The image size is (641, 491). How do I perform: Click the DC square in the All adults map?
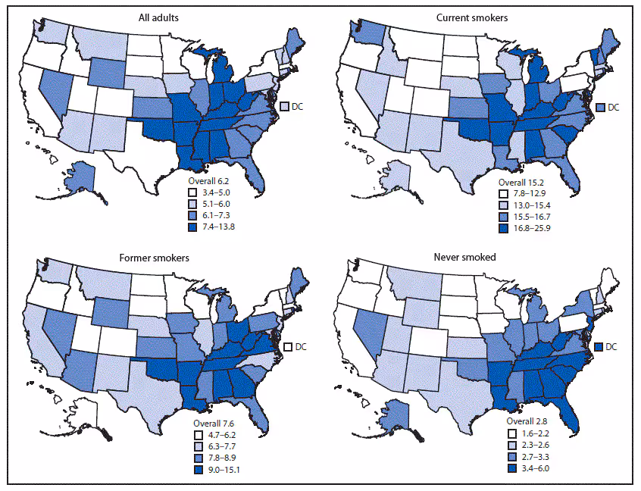[284, 107]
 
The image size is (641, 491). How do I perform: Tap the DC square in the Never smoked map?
[599, 346]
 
